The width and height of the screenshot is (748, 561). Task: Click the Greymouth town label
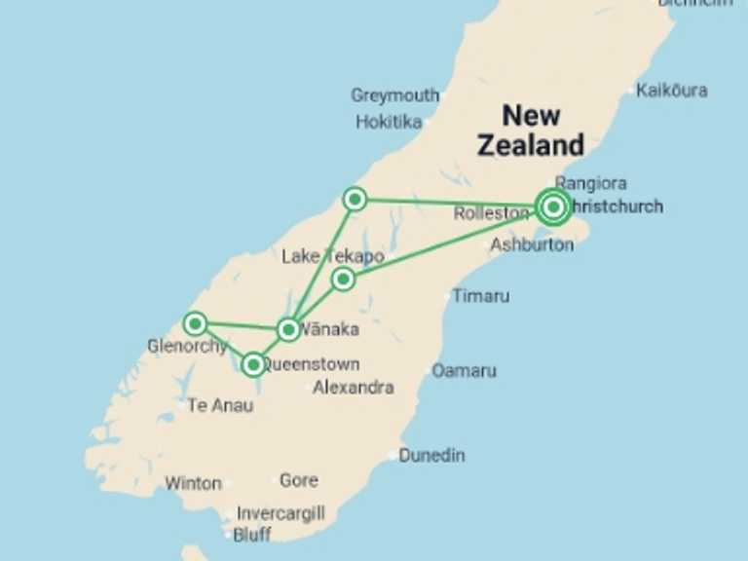tap(394, 95)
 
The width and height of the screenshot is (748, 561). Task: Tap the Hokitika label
tap(389, 122)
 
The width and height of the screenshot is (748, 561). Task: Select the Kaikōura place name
tap(671, 91)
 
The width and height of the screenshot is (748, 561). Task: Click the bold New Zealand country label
tap(531, 131)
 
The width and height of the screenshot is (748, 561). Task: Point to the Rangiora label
tap(590, 182)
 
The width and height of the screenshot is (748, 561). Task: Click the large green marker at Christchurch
tap(553, 206)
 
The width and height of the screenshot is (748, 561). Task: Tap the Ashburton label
tap(531, 244)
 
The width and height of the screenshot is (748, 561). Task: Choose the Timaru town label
tap(480, 295)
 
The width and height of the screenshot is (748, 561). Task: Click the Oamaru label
tap(464, 371)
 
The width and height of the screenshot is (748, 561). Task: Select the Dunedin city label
tap(431, 455)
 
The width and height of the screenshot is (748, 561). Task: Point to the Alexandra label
tap(353, 388)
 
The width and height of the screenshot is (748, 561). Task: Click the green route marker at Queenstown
tap(253, 365)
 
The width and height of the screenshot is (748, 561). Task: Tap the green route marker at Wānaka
tap(288, 329)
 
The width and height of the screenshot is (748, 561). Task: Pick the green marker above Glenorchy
tap(195, 322)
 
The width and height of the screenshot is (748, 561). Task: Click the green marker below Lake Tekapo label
tap(343, 280)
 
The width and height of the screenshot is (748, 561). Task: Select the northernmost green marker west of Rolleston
tap(355, 200)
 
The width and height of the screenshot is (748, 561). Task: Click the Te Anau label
tap(220, 405)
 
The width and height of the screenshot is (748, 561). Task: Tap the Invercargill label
tap(280, 513)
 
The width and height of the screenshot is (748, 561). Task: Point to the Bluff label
tap(252, 534)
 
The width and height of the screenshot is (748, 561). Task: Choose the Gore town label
tap(298, 480)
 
